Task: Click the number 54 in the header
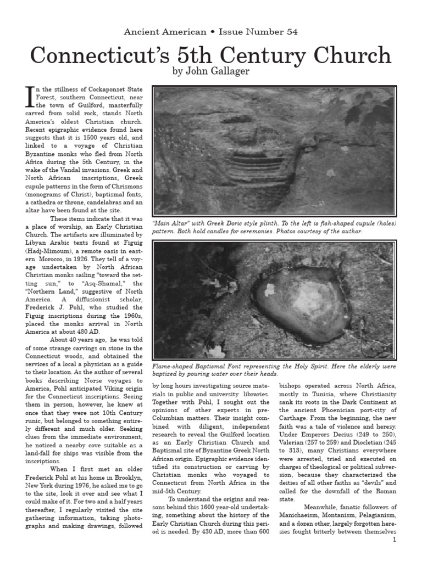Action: pyautogui.click(x=291, y=32)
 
